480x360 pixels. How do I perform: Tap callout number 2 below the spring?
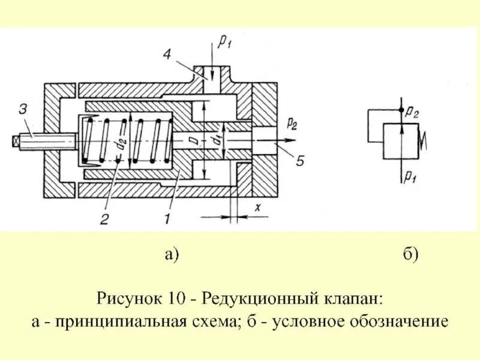[x=104, y=219]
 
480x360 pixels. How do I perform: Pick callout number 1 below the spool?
[x=167, y=219]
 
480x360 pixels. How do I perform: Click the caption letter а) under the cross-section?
[x=172, y=254]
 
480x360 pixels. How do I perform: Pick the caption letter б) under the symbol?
[x=410, y=254]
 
